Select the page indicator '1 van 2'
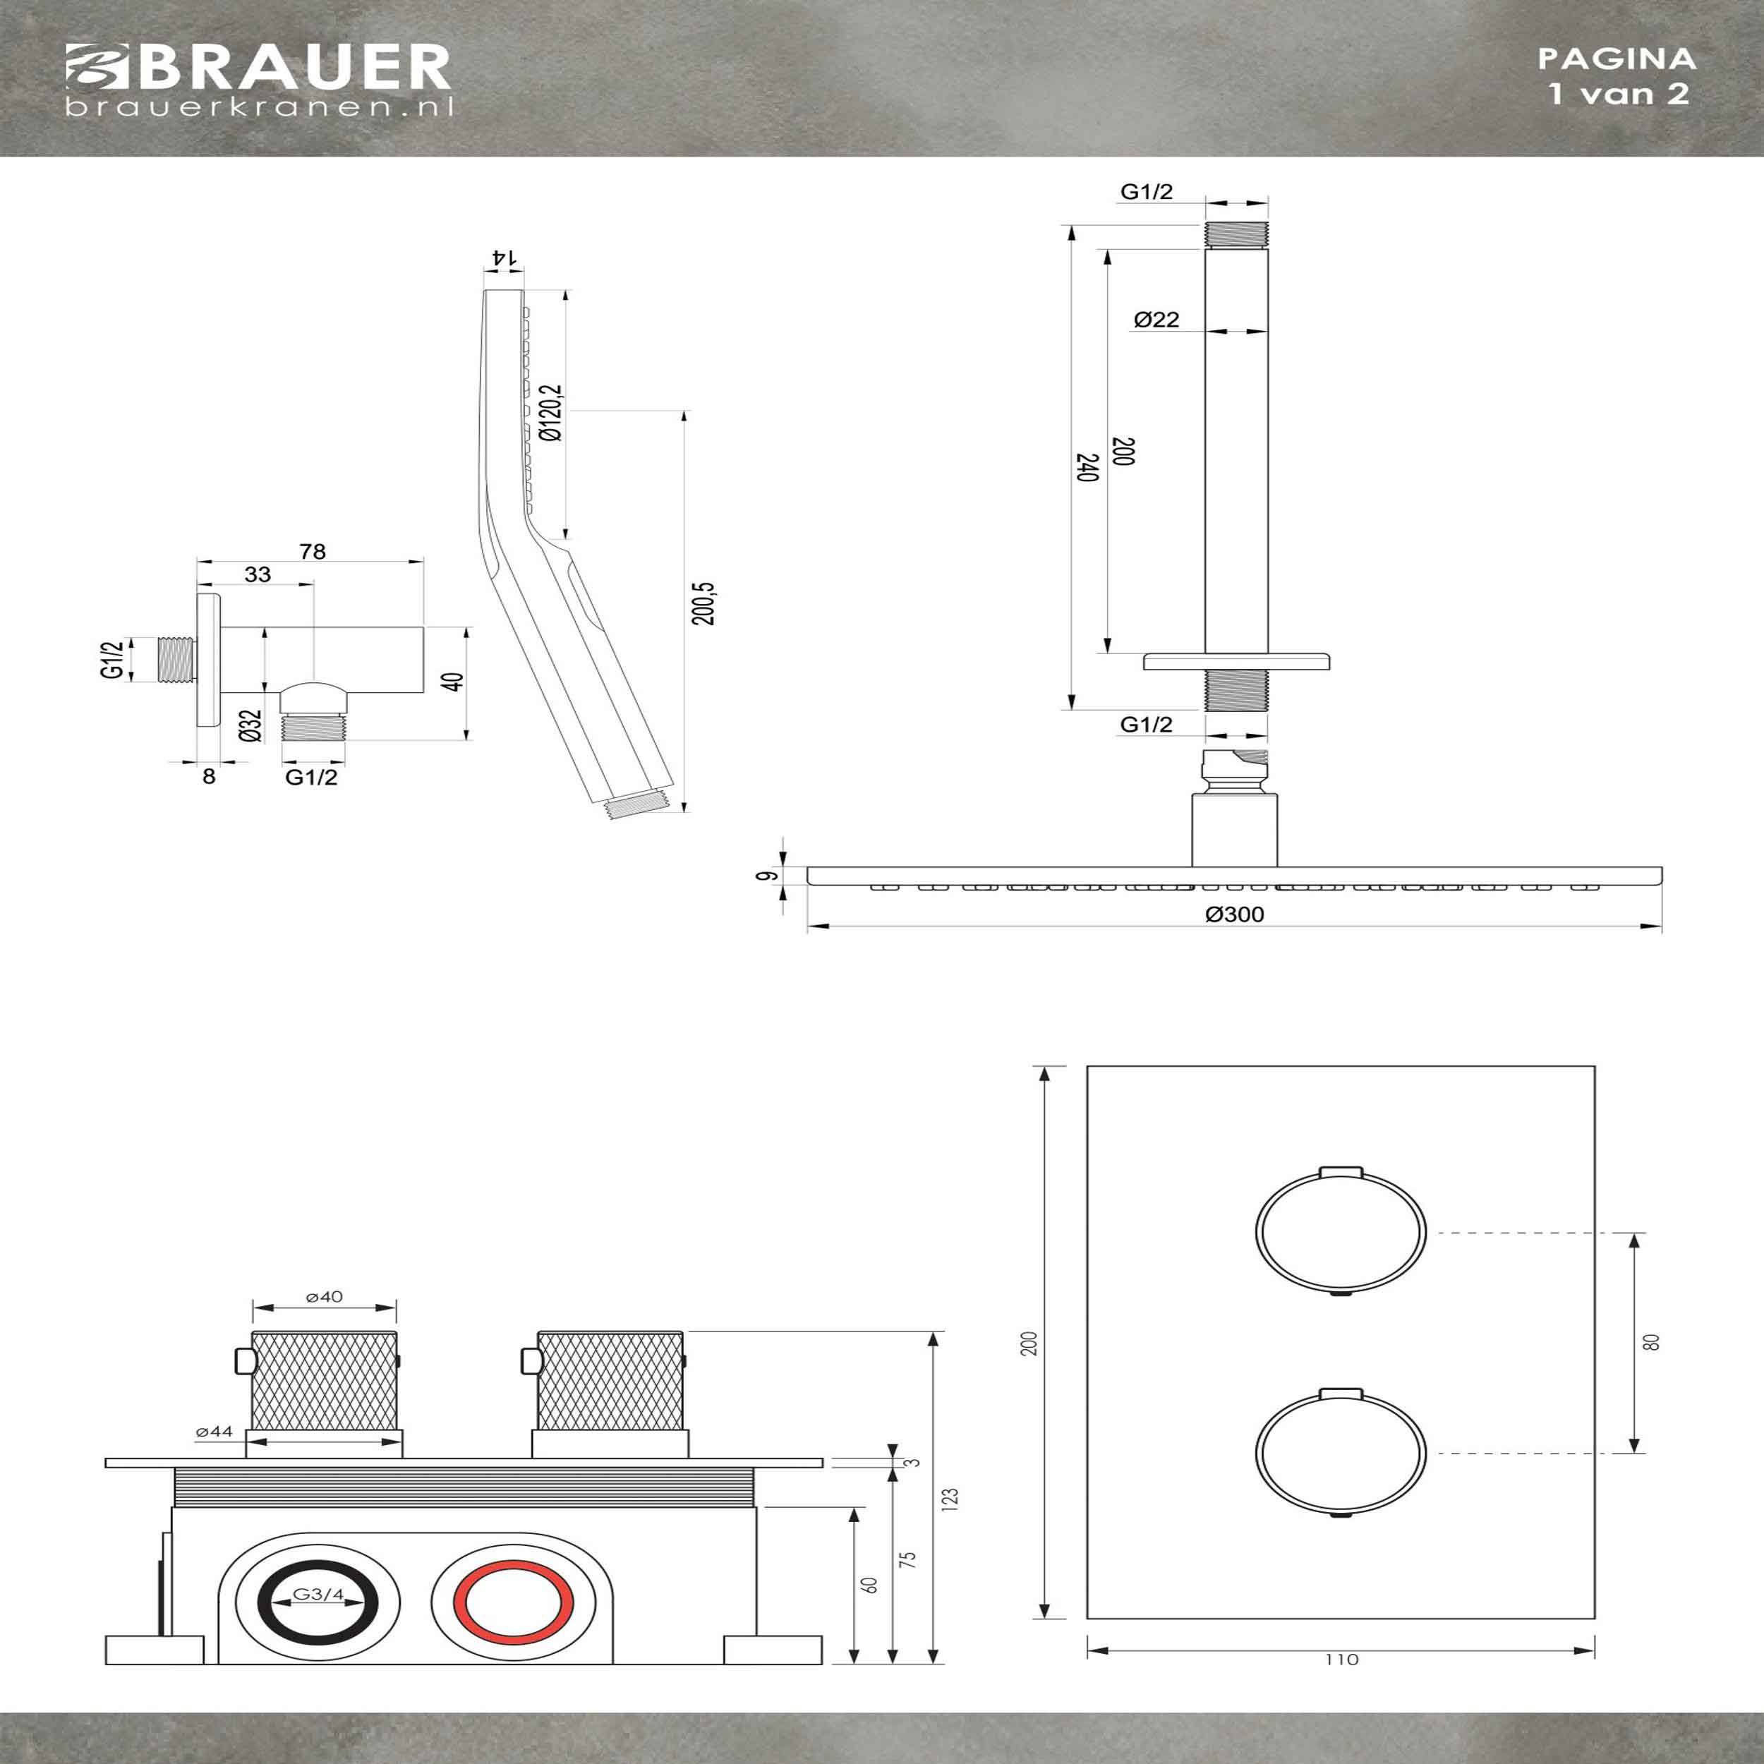coord(1618,93)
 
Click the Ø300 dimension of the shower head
coord(1234,914)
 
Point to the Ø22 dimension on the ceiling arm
coord(1156,319)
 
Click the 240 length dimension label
coord(1087,466)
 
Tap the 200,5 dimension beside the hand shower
coord(703,603)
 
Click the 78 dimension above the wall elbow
coord(313,552)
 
